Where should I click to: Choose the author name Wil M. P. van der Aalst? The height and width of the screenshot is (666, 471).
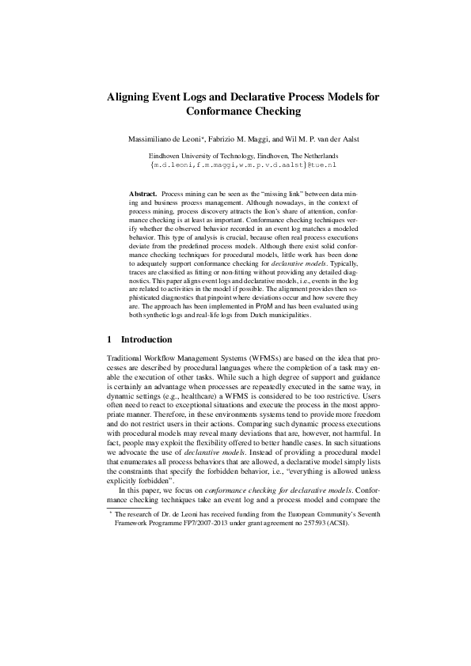[x=324, y=138]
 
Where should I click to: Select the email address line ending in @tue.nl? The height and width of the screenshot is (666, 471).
[x=235, y=165]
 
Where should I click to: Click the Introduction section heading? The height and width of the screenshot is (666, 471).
[x=146, y=340]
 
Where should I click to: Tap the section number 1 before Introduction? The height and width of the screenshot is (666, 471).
[x=109, y=340]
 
